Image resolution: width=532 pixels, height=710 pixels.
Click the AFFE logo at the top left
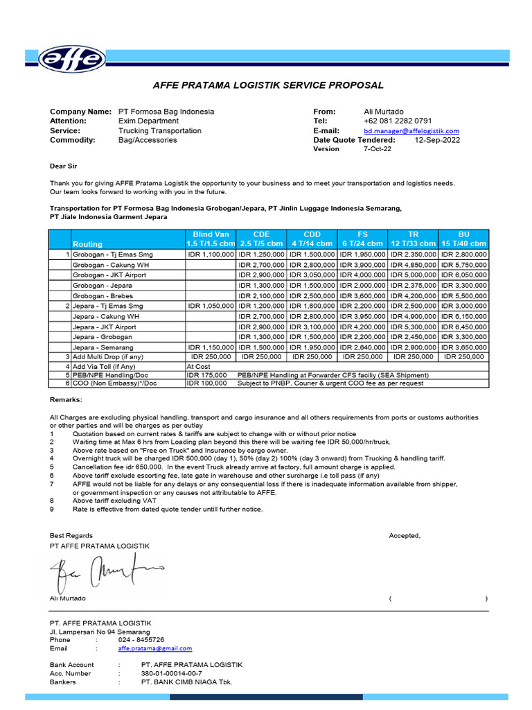71,60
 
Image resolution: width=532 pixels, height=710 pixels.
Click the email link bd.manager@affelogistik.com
411,130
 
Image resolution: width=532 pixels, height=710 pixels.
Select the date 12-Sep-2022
437,140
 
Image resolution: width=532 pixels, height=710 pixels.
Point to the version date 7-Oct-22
378,149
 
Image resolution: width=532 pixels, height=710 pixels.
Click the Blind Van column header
211,239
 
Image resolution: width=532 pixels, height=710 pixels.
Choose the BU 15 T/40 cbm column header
463,239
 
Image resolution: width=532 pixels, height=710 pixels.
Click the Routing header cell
87,244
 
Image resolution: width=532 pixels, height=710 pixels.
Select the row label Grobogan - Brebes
103,295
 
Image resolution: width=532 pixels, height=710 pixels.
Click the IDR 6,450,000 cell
463,327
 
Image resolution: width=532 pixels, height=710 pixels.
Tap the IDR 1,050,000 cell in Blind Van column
211,306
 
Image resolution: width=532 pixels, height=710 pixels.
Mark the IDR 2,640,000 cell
362,347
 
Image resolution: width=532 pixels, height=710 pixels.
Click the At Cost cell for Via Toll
198,366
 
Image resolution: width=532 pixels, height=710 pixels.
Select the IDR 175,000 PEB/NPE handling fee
206,374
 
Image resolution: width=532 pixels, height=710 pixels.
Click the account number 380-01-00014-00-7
171,673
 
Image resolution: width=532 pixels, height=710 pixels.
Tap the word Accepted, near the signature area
405,535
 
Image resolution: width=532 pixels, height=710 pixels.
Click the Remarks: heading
65,400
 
